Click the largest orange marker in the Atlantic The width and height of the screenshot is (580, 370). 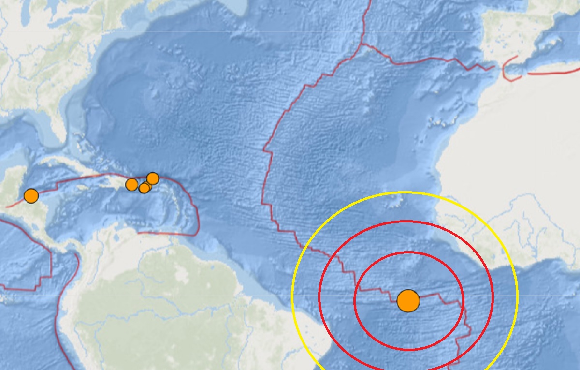408,301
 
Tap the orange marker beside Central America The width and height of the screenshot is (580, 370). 31,196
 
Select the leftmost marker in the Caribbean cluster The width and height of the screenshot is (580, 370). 131,184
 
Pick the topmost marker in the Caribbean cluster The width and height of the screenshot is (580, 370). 152,178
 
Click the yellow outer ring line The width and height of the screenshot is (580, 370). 405,192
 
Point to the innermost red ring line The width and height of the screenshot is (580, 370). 409,252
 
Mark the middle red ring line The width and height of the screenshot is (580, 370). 406,222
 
